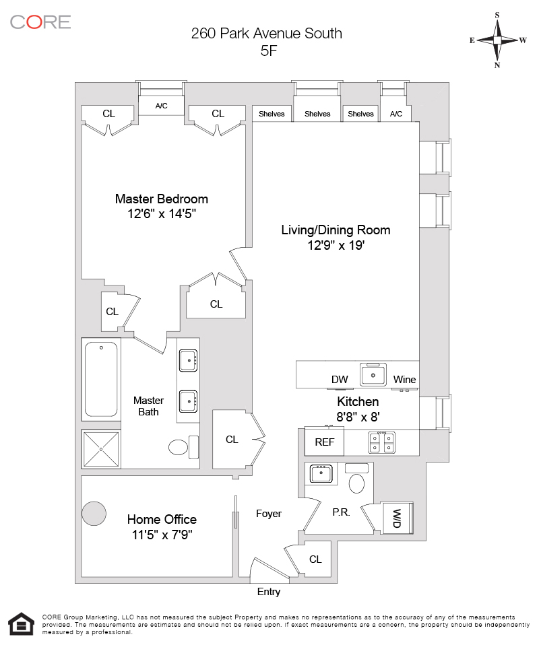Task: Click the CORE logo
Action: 40,22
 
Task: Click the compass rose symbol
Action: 498,40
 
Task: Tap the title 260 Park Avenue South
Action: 266,33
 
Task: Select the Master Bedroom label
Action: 162,199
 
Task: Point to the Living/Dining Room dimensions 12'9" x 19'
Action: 336,246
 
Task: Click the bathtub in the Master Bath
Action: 101,379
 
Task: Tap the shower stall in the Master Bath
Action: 101,449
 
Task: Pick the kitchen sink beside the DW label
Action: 373,374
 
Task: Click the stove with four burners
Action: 381,442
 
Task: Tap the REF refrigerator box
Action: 325,443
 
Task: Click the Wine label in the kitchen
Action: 405,380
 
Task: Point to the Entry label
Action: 269,592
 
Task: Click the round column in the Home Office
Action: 94,514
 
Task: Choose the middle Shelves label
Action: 317,114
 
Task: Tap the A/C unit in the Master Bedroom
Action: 161,106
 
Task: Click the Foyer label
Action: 269,514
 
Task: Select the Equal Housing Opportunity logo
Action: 21,624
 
